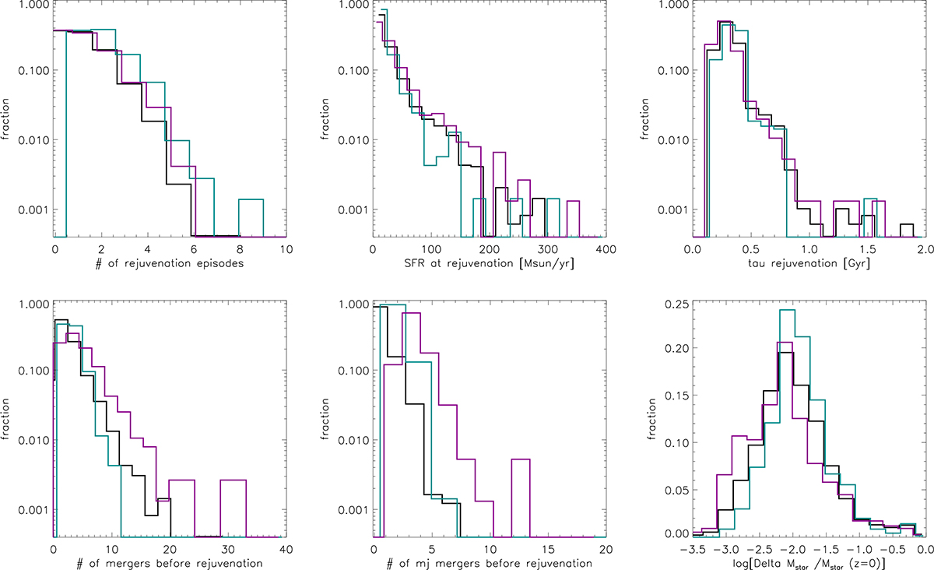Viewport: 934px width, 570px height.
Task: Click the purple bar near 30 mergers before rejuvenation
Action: coord(233,480)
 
